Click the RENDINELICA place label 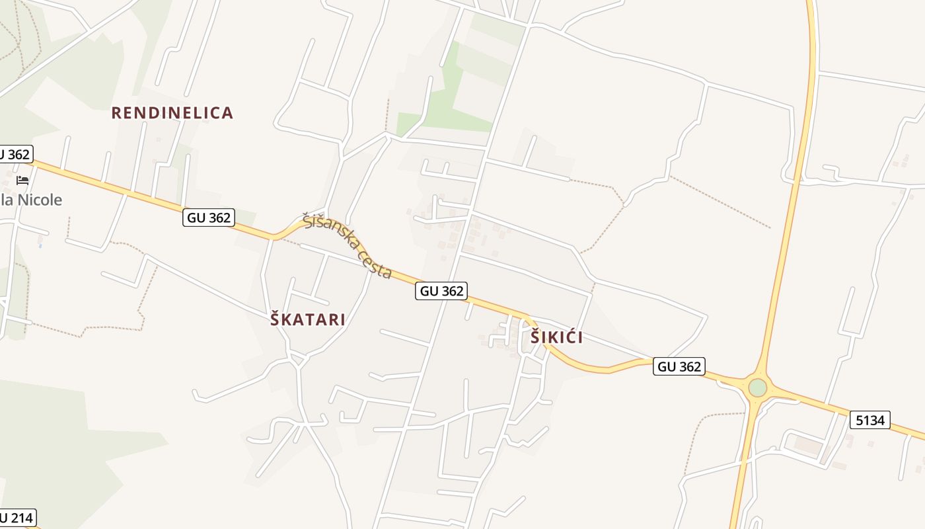click(x=172, y=113)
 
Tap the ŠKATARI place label click(x=308, y=320)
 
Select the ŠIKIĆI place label click(x=556, y=337)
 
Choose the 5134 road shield click(x=870, y=420)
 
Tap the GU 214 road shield click(x=16, y=517)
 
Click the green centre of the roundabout click(x=757, y=387)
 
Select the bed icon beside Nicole click(x=22, y=180)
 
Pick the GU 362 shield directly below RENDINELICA click(x=209, y=218)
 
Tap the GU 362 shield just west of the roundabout click(x=679, y=366)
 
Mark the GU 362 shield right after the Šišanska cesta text click(x=441, y=290)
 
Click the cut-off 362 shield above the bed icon click(x=15, y=155)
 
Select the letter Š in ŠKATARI click(x=276, y=320)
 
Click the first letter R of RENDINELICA click(x=117, y=113)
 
